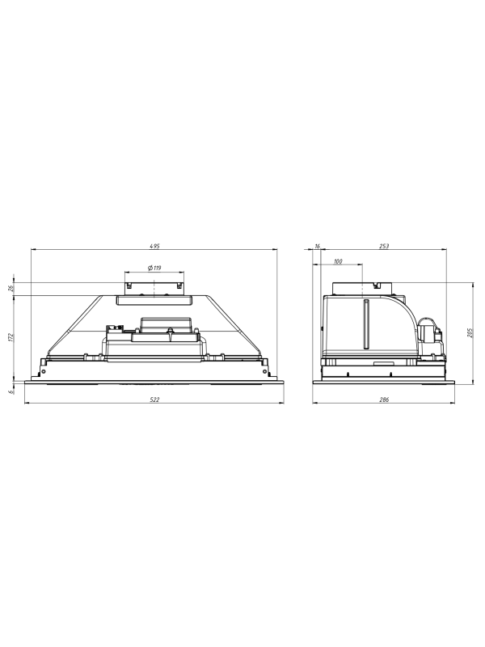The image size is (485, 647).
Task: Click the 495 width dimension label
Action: (x=154, y=247)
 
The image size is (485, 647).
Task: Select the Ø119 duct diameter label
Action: (x=154, y=268)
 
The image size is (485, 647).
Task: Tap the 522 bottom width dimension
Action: (x=154, y=399)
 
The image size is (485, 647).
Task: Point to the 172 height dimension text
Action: (x=11, y=337)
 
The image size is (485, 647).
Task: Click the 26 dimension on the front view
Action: (x=11, y=289)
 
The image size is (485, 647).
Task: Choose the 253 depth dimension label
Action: (x=383, y=247)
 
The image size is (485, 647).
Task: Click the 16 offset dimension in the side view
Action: (x=317, y=247)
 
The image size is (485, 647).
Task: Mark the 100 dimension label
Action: (x=338, y=261)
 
